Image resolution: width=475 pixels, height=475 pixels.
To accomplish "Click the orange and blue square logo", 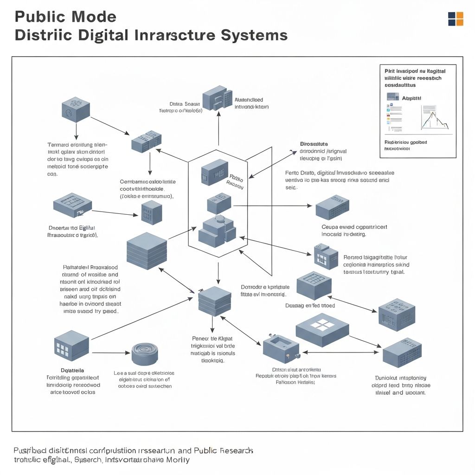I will tap(455, 19).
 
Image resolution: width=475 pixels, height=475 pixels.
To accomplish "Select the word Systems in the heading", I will tap(253, 35).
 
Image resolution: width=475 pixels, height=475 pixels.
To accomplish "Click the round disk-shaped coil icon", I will tap(145, 354).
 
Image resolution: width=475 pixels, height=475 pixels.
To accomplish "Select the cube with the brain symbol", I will tap(76, 109).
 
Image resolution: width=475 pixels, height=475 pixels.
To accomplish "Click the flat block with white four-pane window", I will tap(322, 327).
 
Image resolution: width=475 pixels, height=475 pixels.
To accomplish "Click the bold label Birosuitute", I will tap(314, 144).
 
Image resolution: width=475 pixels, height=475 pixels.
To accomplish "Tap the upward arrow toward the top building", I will tap(218, 130).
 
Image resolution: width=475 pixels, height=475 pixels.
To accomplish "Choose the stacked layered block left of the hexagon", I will tap(147, 250).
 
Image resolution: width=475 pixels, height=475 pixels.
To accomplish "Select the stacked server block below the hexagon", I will tap(214, 301).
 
